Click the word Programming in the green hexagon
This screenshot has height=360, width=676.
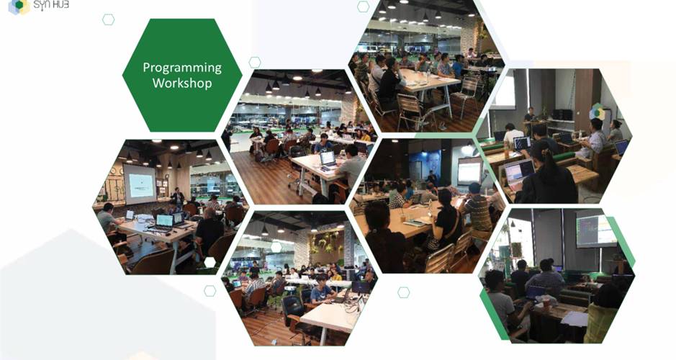[182, 68]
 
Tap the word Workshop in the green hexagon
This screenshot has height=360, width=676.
[182, 82]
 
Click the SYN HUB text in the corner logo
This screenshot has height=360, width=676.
[51, 5]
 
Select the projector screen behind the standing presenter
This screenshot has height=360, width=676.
[140, 184]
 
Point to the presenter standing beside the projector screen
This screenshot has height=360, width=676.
[177, 197]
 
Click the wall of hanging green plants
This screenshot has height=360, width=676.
[326, 243]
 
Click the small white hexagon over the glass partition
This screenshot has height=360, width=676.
[276, 247]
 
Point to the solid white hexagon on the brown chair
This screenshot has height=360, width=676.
[209, 261]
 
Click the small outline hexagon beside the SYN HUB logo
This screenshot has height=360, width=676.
[108, 19]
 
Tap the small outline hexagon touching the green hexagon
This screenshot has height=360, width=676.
[255, 62]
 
